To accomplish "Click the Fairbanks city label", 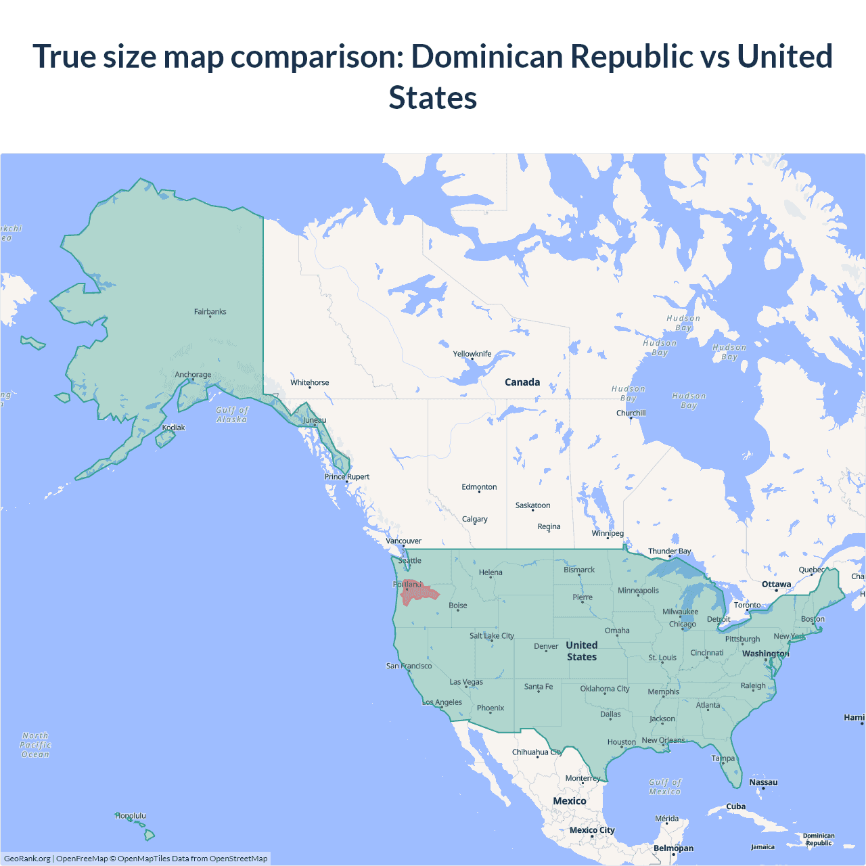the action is tap(210, 312).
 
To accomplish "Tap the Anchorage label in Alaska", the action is tap(193, 375).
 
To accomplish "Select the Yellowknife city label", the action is tap(472, 354).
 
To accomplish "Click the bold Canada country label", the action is tap(522, 382).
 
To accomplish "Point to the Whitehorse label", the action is tap(310, 383).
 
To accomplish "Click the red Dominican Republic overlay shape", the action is tap(418, 593).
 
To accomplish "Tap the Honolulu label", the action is tap(131, 816).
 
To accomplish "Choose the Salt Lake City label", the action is tap(492, 636).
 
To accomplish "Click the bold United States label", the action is tap(582, 651).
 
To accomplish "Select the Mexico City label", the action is tap(592, 830).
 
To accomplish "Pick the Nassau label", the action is tap(763, 782).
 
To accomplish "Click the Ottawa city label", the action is tap(776, 585).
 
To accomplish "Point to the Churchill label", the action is tap(631, 413).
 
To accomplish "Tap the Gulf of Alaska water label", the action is tap(232, 415).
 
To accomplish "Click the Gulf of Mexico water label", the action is tap(665, 787).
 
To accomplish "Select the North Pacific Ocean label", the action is tap(35, 745).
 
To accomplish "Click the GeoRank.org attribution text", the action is tap(27, 859).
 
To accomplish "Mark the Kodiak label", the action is tap(173, 428).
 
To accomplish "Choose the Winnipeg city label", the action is tap(608, 533).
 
